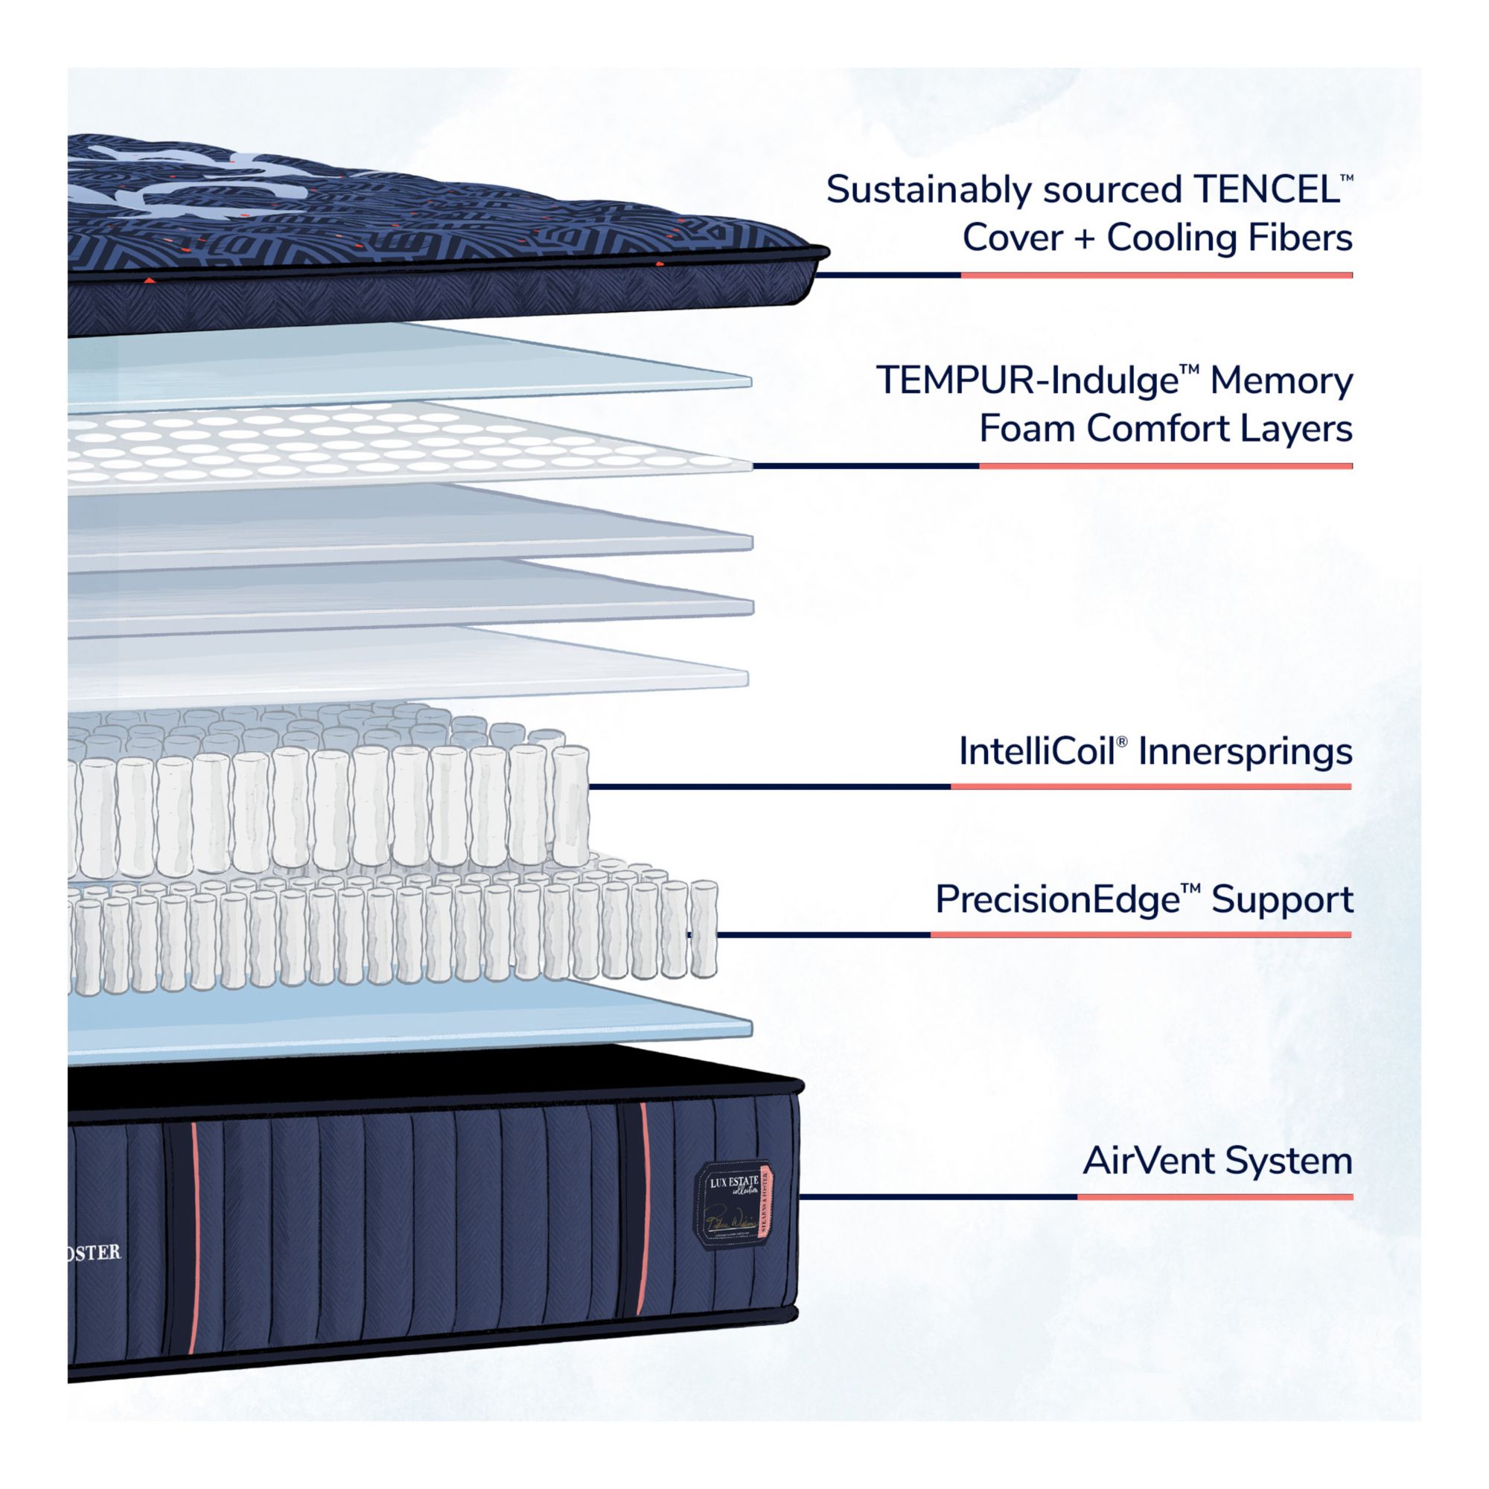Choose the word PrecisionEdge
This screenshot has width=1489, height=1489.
point(1056,899)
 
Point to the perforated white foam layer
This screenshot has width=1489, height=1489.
point(386,447)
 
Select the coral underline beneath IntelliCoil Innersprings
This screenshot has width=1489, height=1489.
point(1151,787)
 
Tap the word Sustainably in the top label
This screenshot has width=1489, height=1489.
point(928,191)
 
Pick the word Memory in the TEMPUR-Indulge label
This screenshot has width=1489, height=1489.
point(1281,380)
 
